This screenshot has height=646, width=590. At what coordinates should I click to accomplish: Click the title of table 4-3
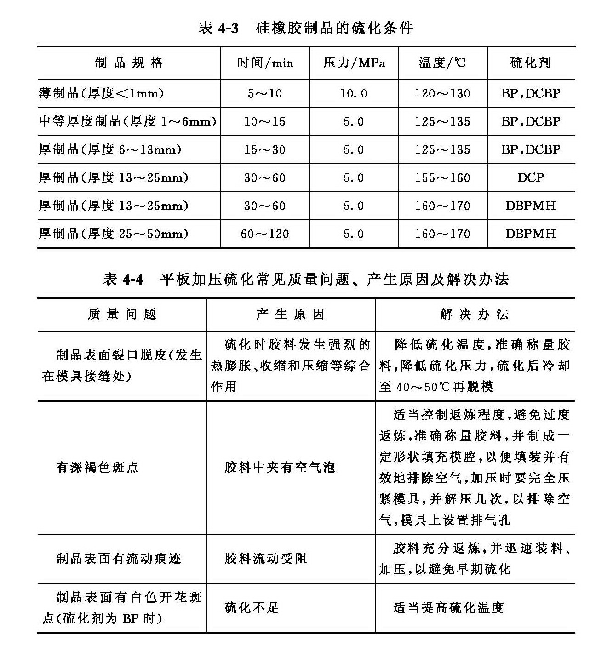pyautogui.click(x=306, y=28)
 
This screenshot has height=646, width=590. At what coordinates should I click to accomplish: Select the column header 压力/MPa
pyautogui.click(x=354, y=63)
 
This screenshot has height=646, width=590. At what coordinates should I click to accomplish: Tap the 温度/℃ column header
pyautogui.click(x=442, y=63)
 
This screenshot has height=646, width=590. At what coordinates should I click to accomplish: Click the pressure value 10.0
pyautogui.click(x=354, y=94)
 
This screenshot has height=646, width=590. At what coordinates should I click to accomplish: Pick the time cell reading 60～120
pyautogui.click(x=265, y=234)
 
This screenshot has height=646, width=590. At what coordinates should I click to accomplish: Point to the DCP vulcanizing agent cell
pyautogui.click(x=531, y=178)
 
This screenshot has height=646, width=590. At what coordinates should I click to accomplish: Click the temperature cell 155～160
pyautogui.click(x=442, y=178)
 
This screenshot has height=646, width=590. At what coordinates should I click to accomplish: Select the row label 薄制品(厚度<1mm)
pyautogui.click(x=101, y=94)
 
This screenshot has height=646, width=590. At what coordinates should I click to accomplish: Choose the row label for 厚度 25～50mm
pyautogui.click(x=114, y=234)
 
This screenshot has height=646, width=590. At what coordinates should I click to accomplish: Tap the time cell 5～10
pyautogui.click(x=265, y=94)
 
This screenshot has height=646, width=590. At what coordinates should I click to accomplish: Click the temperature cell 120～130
pyautogui.click(x=442, y=94)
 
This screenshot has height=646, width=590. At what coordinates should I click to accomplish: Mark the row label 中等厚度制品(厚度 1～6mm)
pyautogui.click(x=127, y=122)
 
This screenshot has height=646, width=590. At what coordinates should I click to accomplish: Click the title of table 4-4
pyautogui.click(x=306, y=279)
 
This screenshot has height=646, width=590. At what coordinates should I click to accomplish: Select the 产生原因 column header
pyautogui.click(x=291, y=314)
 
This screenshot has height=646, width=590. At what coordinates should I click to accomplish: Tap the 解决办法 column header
pyautogui.click(x=475, y=314)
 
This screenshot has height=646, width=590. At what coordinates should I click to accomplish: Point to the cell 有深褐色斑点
pyautogui.click(x=97, y=468)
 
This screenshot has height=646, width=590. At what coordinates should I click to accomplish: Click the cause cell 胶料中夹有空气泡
pyautogui.click(x=280, y=468)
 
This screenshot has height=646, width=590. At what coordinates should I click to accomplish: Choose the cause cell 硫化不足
pyautogui.click(x=252, y=608)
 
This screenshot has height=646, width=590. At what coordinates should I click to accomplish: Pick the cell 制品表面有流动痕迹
pyautogui.click(x=119, y=559)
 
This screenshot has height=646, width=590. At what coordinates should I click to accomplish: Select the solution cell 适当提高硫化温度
pyautogui.click(x=448, y=608)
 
